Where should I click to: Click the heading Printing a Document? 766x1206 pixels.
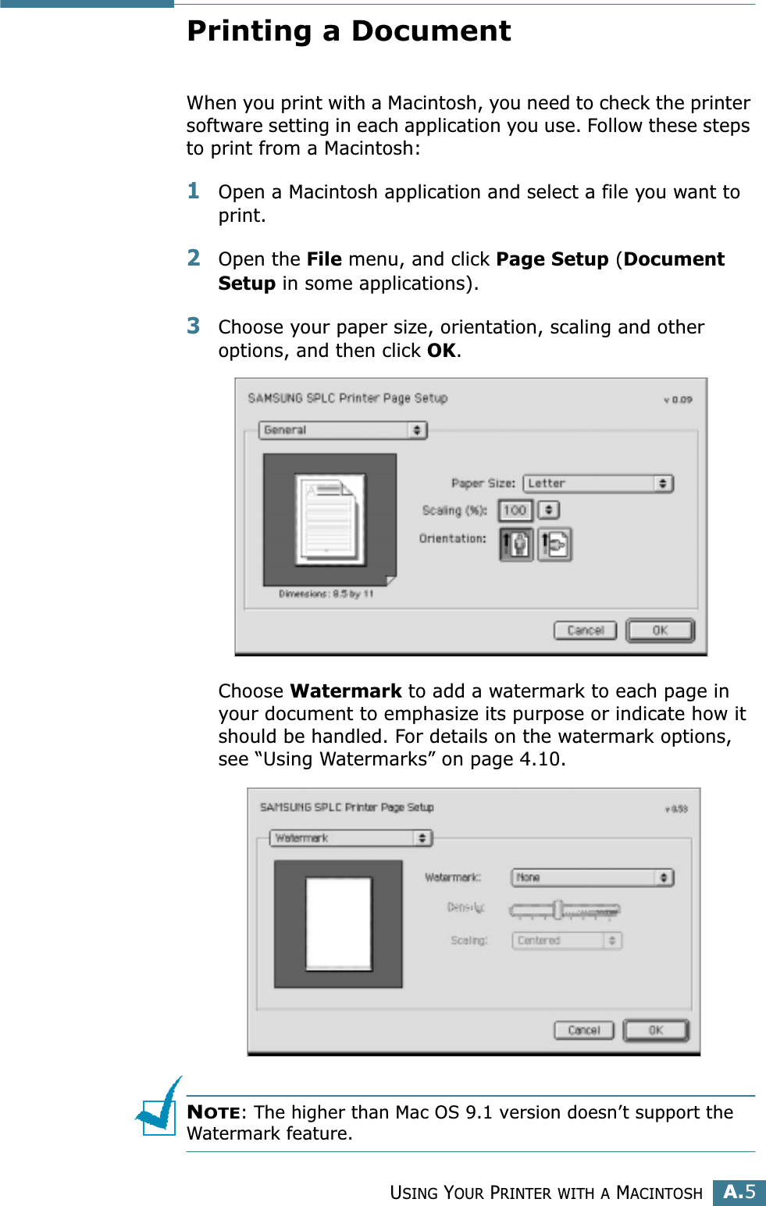click(x=348, y=31)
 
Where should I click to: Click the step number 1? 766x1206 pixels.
click(x=194, y=191)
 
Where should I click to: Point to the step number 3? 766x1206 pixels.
click(x=194, y=326)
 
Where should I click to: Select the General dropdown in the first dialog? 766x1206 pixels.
click(x=343, y=430)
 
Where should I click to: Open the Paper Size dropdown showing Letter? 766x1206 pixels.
click(x=598, y=483)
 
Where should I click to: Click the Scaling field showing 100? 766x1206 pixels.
click(x=515, y=510)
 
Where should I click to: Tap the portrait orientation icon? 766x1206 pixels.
click(x=516, y=544)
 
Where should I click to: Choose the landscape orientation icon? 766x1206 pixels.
click(x=554, y=544)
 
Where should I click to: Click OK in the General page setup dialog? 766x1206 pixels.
click(x=660, y=630)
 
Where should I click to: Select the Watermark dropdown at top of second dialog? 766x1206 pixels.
click(x=351, y=838)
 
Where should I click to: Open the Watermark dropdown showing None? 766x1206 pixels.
click(x=592, y=877)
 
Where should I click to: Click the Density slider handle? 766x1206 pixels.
click(x=558, y=909)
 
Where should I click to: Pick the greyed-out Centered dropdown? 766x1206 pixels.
click(x=566, y=940)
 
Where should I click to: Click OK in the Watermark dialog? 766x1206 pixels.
click(x=656, y=1030)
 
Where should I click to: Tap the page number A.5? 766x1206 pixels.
click(x=739, y=1192)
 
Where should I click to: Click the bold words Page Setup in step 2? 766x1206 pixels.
click(x=552, y=259)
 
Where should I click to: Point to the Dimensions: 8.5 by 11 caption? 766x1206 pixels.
click(x=326, y=594)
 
